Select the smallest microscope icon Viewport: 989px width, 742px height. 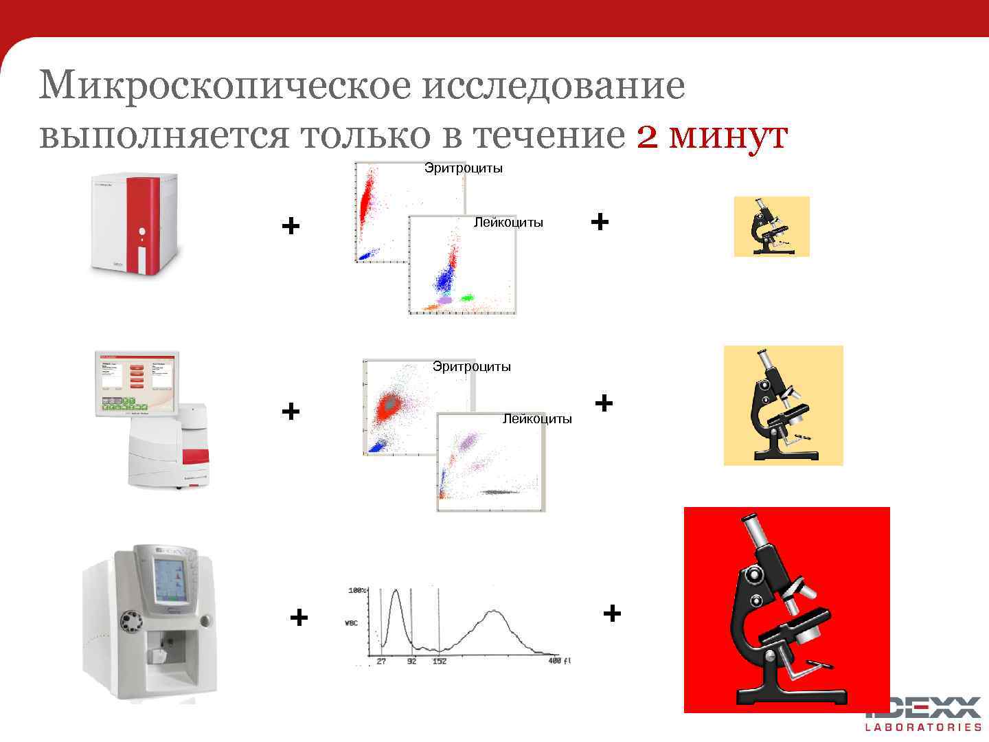(x=771, y=227)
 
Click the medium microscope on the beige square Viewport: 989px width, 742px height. (x=783, y=405)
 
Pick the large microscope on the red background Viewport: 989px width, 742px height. (x=786, y=610)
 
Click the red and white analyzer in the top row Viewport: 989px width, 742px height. (x=136, y=223)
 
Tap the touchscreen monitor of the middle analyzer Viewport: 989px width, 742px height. (x=137, y=385)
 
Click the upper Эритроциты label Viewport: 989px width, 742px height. (x=464, y=168)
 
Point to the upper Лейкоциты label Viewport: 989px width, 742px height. (x=508, y=223)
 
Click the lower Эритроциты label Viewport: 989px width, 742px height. (x=472, y=367)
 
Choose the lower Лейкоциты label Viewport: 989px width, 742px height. (x=537, y=419)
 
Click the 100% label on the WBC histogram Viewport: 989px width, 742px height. (x=358, y=590)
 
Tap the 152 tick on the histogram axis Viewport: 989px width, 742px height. (x=439, y=661)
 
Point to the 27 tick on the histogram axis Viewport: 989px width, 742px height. (x=381, y=661)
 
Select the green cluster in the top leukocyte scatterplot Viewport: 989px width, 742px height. (x=468, y=298)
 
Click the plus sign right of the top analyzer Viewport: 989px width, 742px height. (x=291, y=225)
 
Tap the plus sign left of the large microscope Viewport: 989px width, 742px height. (x=612, y=612)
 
